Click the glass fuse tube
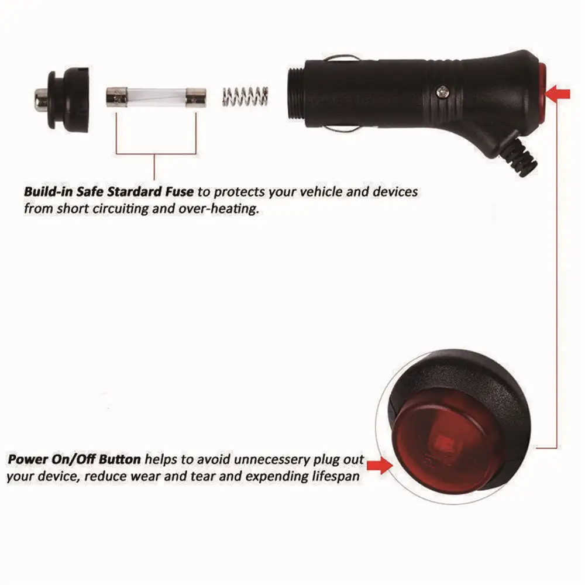[156, 97]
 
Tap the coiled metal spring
[245, 97]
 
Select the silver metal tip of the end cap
[41, 99]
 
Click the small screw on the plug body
[442, 91]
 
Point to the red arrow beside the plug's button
[558, 93]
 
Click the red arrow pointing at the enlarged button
[380, 466]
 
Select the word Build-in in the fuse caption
[48, 192]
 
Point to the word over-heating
[218, 209]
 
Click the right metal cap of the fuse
[196, 98]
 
